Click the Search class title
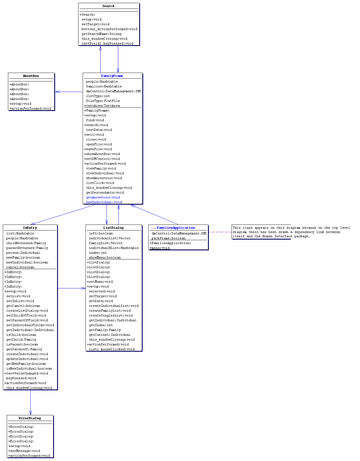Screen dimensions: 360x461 [x=108, y=6]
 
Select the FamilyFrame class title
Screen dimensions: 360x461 [x=112, y=76]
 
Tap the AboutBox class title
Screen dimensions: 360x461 [x=31, y=76]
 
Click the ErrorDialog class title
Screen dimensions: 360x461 [x=30, y=418]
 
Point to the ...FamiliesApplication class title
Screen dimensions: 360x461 [x=173, y=228]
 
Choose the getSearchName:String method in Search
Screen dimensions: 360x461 [x=101, y=34]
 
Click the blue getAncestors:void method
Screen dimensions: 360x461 [x=103, y=197]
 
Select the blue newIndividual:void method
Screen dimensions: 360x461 [x=104, y=202]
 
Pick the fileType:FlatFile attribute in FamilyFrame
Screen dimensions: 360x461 [x=103, y=101]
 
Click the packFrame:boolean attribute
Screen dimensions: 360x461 [x=168, y=238]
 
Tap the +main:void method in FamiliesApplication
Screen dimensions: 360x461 [x=160, y=248]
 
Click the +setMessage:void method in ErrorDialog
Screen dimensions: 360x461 [x=24, y=450]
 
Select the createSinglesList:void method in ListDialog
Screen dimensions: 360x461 [x=111, y=315]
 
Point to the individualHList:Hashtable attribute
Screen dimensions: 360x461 [x=114, y=248]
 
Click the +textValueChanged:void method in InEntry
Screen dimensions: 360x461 [x=26, y=373]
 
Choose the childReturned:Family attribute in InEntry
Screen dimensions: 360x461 [x=26, y=243]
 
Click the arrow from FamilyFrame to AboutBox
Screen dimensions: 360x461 [x=69, y=92]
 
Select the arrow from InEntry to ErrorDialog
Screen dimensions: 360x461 [x=31, y=402]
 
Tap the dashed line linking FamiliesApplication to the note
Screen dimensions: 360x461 [x=220, y=232]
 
